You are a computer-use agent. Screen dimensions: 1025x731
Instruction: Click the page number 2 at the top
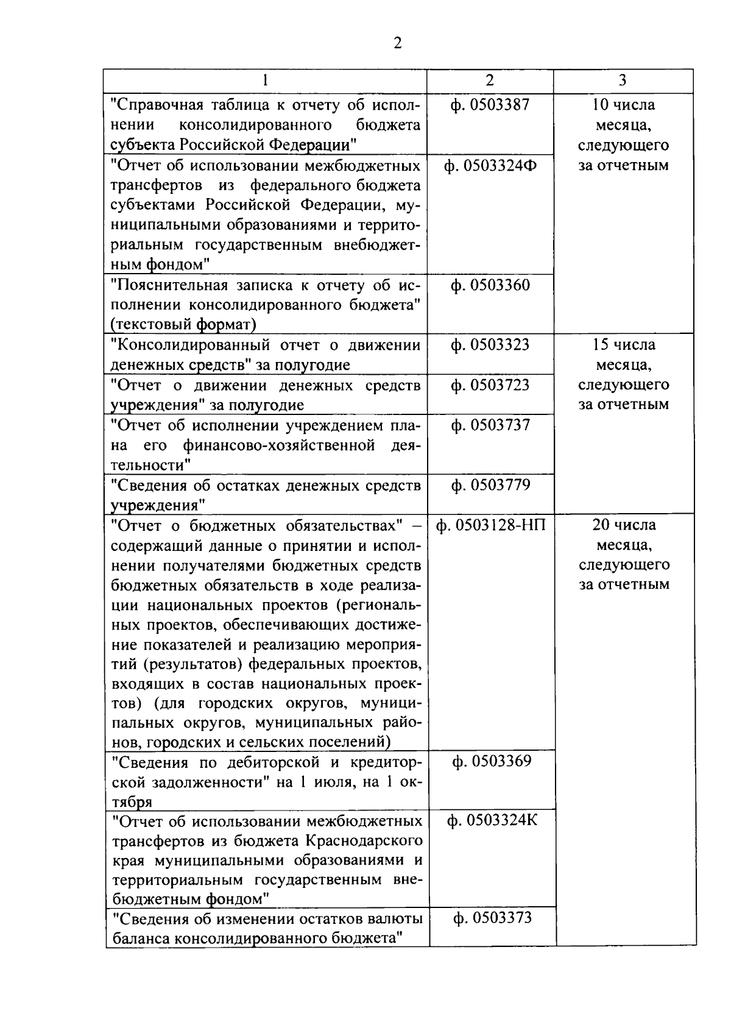pyautogui.click(x=397, y=43)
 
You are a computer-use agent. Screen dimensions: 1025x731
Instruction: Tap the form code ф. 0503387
pyautogui.click(x=490, y=105)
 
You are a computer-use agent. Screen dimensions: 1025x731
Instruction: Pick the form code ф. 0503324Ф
pyautogui.click(x=490, y=166)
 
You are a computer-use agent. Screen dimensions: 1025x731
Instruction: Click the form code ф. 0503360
pyautogui.click(x=490, y=285)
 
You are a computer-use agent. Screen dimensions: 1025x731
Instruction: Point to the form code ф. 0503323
pyautogui.click(x=490, y=345)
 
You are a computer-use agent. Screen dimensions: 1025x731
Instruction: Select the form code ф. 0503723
pyautogui.click(x=490, y=385)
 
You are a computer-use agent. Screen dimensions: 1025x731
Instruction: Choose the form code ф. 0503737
pyautogui.click(x=490, y=425)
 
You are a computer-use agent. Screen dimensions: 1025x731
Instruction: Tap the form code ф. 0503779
pyautogui.click(x=490, y=485)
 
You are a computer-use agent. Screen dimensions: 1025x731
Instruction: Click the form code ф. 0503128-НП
pyautogui.click(x=491, y=525)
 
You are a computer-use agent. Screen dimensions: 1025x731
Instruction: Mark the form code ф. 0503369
pyautogui.click(x=492, y=761)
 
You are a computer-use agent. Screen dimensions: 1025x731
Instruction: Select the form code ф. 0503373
pyautogui.click(x=492, y=918)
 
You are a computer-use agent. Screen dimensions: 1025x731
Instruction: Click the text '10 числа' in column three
pyautogui.click(x=623, y=105)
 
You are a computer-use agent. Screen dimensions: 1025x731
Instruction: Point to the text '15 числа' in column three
pyautogui.click(x=623, y=345)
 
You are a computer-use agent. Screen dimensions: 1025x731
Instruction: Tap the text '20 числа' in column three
pyautogui.click(x=623, y=525)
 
